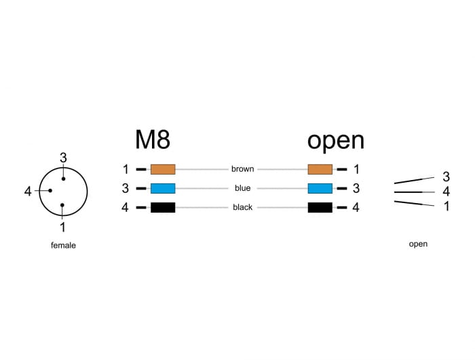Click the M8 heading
pos(153,139)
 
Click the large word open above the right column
pos(335,140)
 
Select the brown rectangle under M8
pos(163,169)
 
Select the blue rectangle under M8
pos(163,188)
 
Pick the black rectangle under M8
pos(163,207)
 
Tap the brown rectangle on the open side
pos(320,169)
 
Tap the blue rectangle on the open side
pos(320,188)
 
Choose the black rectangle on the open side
pos(320,207)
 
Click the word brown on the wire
pos(242,169)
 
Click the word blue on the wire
pos(242,188)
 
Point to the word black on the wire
pos(242,207)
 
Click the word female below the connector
pos(63,245)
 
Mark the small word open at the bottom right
pos(418,244)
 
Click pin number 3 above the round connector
pos(63,158)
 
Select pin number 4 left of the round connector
pos(28,192)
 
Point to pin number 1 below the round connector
pos(62,228)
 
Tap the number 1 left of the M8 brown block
pos(125,169)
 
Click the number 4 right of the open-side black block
pos(356,207)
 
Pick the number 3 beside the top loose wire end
pos(446,177)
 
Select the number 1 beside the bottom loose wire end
pos(446,206)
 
